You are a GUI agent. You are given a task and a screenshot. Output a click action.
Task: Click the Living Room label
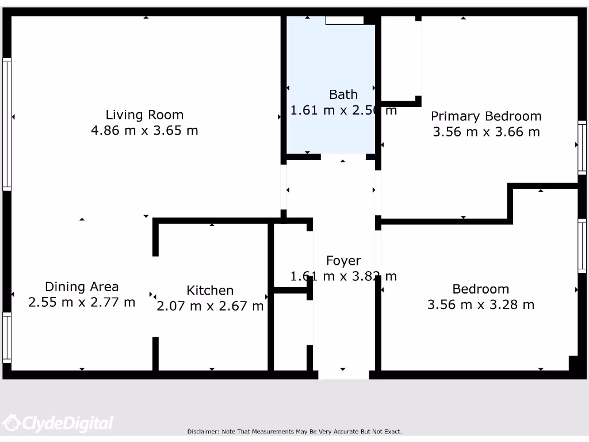click(144, 115)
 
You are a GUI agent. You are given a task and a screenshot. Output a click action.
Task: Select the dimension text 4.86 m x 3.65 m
click(144, 131)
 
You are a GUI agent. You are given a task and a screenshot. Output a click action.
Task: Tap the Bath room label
click(343, 94)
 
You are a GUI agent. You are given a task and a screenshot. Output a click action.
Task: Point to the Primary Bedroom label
click(486, 116)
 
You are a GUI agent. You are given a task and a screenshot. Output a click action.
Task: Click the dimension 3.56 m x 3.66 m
click(486, 132)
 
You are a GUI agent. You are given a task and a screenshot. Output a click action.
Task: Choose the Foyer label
click(343, 261)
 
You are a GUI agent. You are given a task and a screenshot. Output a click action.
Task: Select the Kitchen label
click(210, 291)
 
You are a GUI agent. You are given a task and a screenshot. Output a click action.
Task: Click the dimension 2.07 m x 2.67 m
click(210, 306)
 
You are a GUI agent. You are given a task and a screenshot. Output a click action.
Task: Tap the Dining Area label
click(82, 287)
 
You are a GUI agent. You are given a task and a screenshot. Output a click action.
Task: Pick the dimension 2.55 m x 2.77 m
click(82, 302)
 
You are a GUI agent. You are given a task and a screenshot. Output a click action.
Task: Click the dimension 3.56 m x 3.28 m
click(480, 304)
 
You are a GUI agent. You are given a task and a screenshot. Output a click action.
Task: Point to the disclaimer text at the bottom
click(294, 432)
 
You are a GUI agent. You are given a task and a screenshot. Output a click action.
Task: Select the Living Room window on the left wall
click(7, 124)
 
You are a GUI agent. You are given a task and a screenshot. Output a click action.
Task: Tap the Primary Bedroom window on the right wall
click(582, 147)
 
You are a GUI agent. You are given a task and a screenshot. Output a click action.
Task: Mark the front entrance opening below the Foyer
click(343, 375)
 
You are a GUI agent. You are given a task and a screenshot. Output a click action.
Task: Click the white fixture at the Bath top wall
click(345, 20)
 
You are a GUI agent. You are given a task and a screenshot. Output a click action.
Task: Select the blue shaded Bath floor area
click(331, 127)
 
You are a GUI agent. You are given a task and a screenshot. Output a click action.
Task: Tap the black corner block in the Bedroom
click(573, 364)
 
